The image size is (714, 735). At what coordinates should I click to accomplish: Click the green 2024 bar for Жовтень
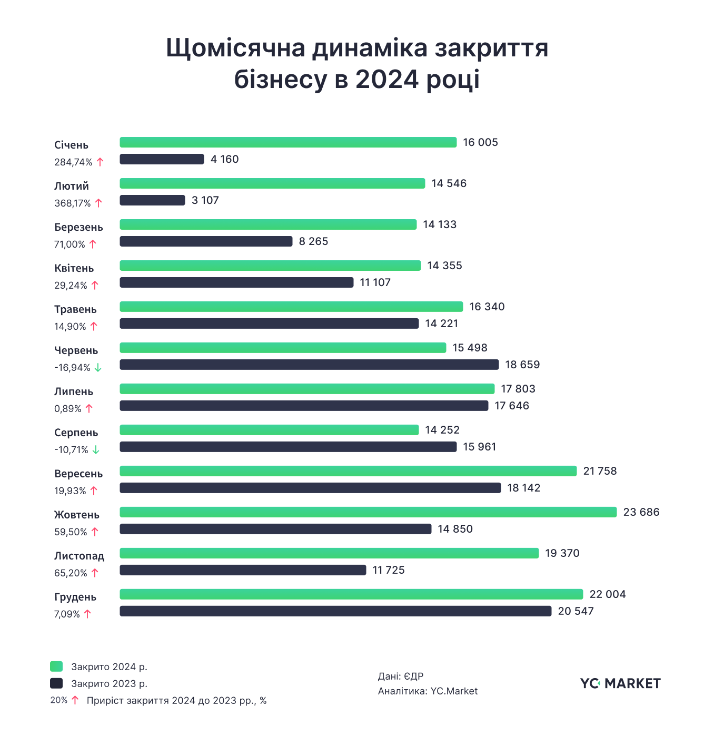pyautogui.click(x=368, y=512)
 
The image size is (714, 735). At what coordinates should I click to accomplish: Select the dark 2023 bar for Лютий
pyautogui.click(x=152, y=200)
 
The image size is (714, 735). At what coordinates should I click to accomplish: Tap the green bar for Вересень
pyautogui.click(x=348, y=471)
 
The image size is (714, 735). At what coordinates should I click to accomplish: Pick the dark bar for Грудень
pyautogui.click(x=335, y=611)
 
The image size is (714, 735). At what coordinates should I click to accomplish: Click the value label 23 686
pyautogui.click(x=641, y=512)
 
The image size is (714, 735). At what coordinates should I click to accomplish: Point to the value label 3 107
pyautogui.click(x=205, y=200)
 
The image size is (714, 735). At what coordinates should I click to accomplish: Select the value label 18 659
pyautogui.click(x=522, y=365)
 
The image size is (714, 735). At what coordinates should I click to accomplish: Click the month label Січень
pyautogui.click(x=71, y=145)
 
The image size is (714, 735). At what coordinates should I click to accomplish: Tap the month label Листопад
pyautogui.click(x=79, y=556)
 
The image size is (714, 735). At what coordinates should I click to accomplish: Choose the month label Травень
pyautogui.click(x=75, y=309)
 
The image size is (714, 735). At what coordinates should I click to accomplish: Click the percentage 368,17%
pyautogui.click(x=73, y=203)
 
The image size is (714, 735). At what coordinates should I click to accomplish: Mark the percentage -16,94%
pyautogui.click(x=72, y=368)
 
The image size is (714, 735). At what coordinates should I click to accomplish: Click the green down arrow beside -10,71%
pyautogui.click(x=96, y=450)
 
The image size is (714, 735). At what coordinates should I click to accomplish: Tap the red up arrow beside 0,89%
pyautogui.click(x=89, y=408)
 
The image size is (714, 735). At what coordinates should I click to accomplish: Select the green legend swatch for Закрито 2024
pyautogui.click(x=56, y=667)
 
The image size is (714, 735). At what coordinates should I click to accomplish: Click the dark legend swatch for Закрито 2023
pyautogui.click(x=56, y=683)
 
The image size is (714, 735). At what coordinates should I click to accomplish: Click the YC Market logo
pyautogui.click(x=620, y=683)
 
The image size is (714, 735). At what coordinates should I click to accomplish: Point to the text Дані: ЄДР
pyautogui.click(x=400, y=677)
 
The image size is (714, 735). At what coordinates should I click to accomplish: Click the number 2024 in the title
pyautogui.click(x=387, y=80)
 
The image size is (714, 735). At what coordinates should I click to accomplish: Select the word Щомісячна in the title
pyautogui.click(x=235, y=48)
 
